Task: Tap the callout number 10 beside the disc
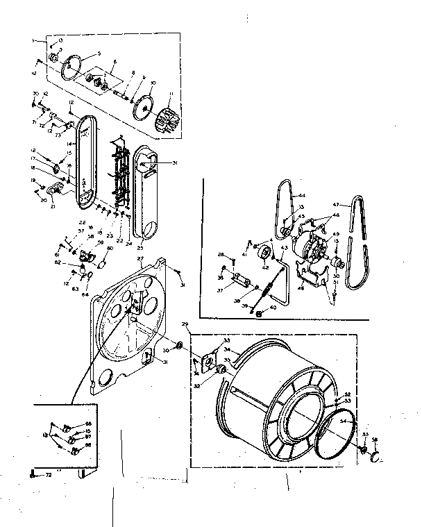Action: tap(153, 83)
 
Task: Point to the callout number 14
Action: tap(69, 143)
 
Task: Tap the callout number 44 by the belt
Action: tap(303, 196)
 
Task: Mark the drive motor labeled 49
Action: tap(309, 246)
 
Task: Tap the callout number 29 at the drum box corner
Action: tap(185, 324)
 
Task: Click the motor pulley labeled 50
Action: tap(337, 264)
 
